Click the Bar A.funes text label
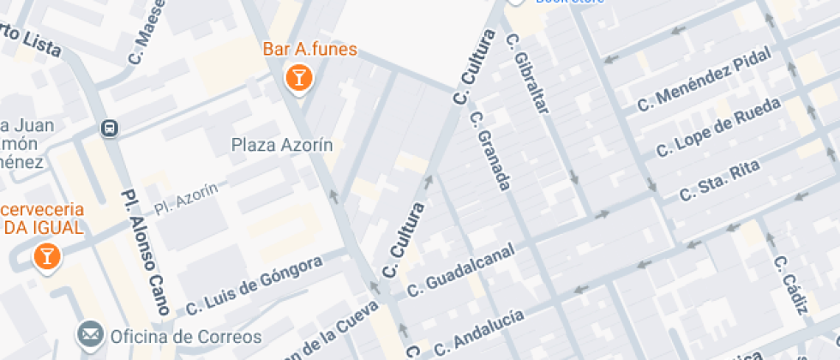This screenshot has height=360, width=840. (309, 51)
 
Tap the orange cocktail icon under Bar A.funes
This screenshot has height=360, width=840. (298, 80)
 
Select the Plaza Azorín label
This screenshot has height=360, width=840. (282, 145)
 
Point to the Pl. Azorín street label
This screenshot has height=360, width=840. (186, 199)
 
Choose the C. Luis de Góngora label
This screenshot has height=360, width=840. (254, 283)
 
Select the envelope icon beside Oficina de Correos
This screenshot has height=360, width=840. (89, 334)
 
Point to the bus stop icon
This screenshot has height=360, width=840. (110, 129)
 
